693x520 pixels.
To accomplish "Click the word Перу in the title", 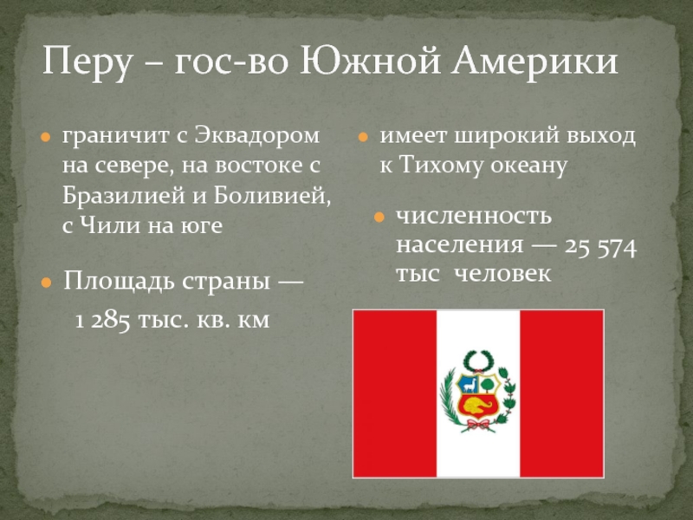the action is tap(87, 61).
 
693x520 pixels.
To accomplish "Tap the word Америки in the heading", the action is tap(534, 61).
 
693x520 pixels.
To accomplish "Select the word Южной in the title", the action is tap(371, 61).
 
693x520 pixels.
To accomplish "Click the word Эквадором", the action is tap(256, 135).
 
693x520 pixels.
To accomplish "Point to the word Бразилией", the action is tap(124, 195).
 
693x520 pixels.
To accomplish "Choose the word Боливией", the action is tap(272, 195).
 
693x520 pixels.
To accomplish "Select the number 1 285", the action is tap(102, 320).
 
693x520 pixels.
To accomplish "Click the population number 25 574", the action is tap(600, 247).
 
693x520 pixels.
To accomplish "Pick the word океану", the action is tap(528, 166).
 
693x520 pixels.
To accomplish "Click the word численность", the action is tap(474, 216).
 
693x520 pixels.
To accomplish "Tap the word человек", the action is tap(502, 273).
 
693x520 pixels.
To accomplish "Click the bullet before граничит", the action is tap(46, 137).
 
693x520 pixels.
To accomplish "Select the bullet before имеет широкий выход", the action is tap(363, 137).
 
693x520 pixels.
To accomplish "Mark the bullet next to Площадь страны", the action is tap(46, 283).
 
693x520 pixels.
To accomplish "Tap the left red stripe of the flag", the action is tap(395, 393).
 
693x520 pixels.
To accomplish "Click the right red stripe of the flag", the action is tap(561, 393).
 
